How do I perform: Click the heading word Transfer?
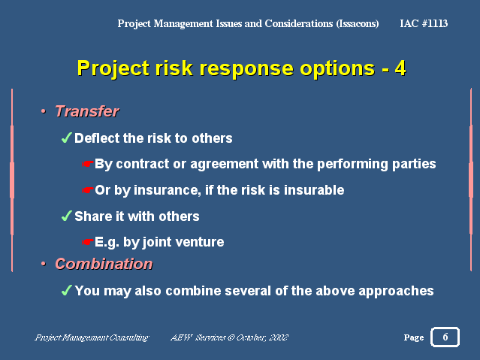[87, 111]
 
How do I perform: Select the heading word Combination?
[104, 264]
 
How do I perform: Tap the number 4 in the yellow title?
[400, 68]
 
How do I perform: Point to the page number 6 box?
[445, 337]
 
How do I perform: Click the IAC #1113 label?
[424, 23]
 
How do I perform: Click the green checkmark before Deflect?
[66, 138]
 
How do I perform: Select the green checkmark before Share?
[66, 216]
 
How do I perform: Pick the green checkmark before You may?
[66, 290]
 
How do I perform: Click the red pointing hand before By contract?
[87, 165]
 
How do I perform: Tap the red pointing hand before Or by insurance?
[87, 190]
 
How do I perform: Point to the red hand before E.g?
[87, 242]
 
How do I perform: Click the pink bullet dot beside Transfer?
[44, 111]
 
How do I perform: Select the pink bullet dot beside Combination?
[44, 264]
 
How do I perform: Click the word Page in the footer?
[414, 337]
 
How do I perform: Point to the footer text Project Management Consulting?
[92, 337]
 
